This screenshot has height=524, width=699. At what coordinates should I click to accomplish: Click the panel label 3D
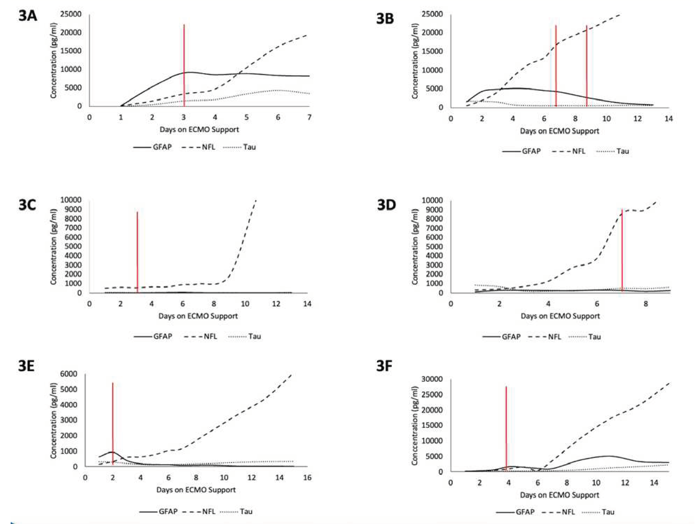coord(386,205)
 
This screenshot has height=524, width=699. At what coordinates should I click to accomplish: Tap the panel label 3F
coord(384,367)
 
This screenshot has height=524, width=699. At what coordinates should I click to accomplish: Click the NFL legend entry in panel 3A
coord(199,147)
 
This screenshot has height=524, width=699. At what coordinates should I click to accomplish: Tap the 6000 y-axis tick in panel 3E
coord(68,374)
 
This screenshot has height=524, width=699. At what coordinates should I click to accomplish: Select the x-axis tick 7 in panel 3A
coord(309,117)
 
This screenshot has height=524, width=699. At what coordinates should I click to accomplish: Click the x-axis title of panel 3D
coord(560,316)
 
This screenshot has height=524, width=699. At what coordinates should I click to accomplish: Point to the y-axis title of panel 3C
coord(53,247)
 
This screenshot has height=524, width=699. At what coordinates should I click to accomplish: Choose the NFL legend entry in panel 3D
coord(545,337)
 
